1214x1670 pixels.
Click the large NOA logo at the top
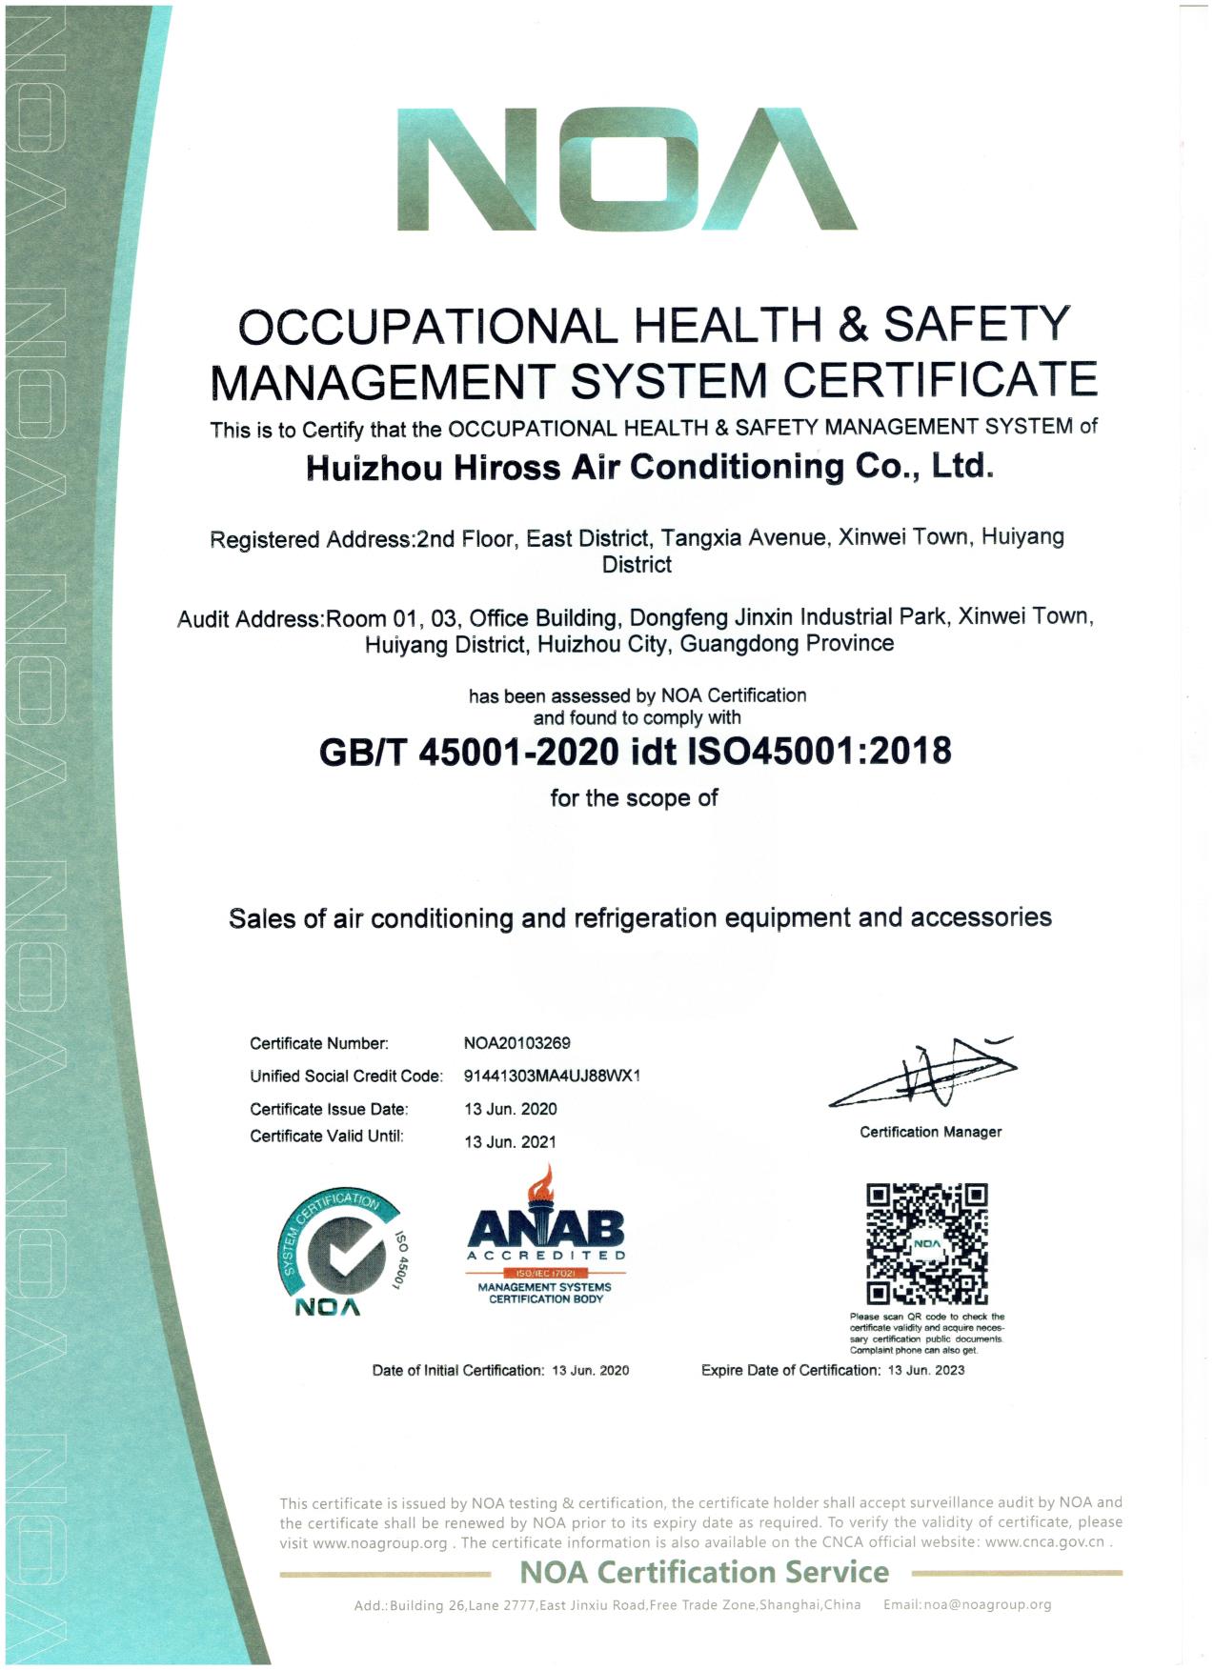(626, 169)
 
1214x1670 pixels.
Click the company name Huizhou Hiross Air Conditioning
(650, 467)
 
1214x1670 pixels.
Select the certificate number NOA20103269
(516, 1043)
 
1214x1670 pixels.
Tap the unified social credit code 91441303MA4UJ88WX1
(552, 1076)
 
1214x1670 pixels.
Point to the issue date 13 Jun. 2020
(510, 1109)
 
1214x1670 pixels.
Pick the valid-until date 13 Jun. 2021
(510, 1141)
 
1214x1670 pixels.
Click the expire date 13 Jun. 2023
(925, 1370)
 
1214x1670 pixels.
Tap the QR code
(926, 1244)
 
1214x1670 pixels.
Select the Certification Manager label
(930, 1132)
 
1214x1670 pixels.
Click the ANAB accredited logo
(546, 1238)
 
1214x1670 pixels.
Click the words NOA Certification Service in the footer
(704, 1572)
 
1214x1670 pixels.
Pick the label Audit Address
(251, 619)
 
